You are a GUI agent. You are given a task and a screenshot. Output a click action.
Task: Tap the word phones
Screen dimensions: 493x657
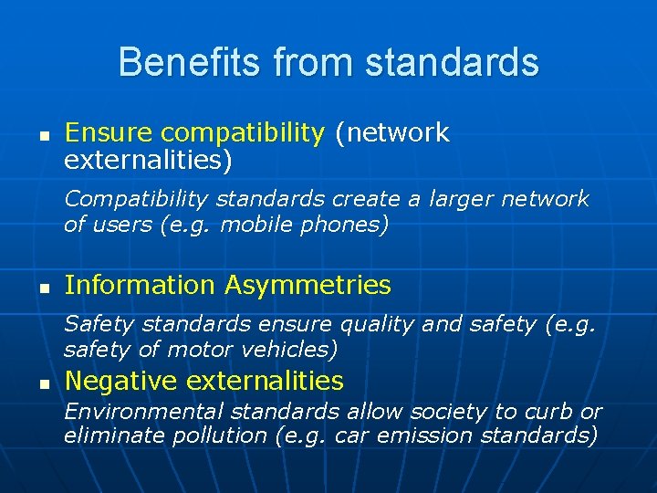pyautogui.click(x=344, y=225)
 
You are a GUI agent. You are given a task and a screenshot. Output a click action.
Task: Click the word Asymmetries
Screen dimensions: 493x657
pyautogui.click(x=308, y=286)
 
